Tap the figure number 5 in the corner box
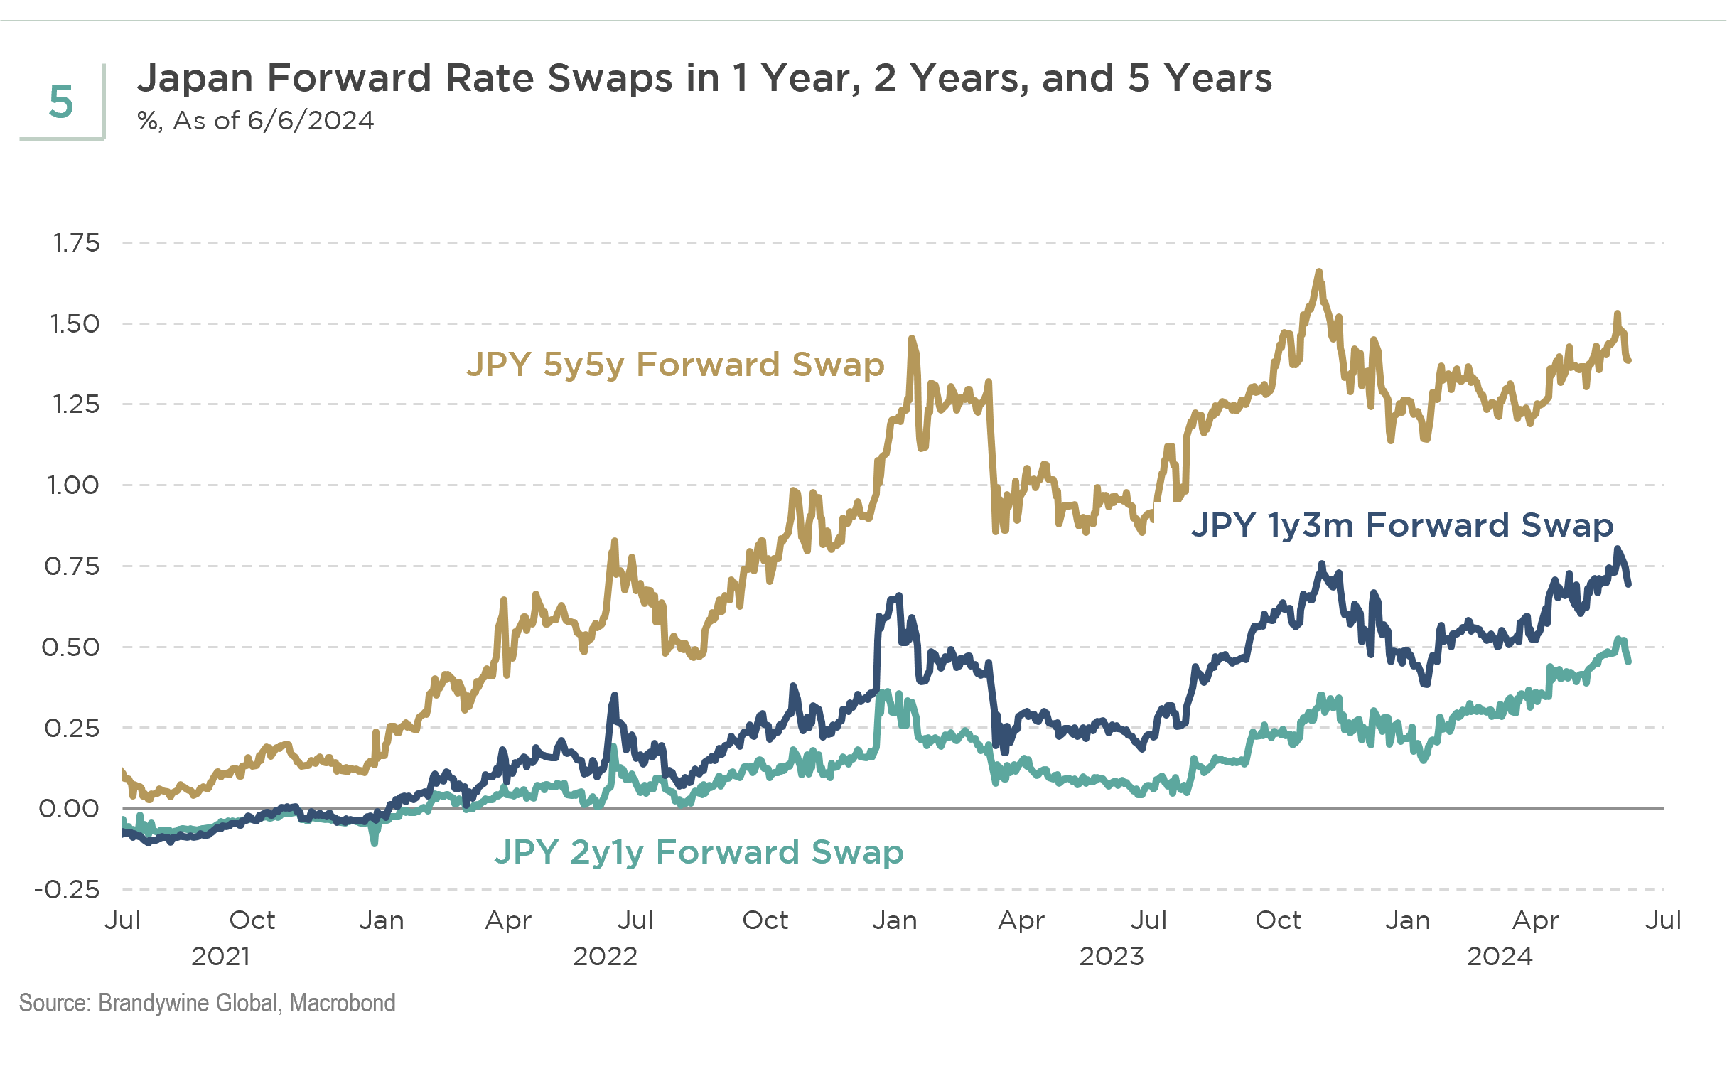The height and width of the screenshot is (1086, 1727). [61, 102]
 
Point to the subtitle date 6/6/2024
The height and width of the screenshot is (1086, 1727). [310, 121]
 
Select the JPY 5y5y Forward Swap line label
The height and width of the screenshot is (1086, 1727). [675, 365]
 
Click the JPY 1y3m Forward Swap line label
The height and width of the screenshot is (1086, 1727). [1402, 525]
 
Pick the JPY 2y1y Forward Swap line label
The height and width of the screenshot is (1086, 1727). [699, 852]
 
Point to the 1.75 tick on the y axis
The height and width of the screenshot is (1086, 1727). [76, 243]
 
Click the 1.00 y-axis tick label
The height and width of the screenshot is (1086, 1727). [73, 485]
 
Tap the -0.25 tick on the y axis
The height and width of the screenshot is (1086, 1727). [68, 890]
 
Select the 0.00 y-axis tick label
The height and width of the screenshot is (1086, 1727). [70, 809]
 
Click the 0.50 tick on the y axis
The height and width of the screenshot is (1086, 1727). [71, 647]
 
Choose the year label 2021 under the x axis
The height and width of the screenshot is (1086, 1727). [220, 956]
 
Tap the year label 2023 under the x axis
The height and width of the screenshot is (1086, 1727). [1112, 956]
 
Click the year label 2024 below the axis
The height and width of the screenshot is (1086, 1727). [1500, 956]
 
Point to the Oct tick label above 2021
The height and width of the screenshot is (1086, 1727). [252, 920]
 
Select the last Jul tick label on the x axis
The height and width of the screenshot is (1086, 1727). [1663, 920]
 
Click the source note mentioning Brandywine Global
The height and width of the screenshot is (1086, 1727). [208, 1003]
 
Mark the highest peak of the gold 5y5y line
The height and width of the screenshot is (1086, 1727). [1318, 272]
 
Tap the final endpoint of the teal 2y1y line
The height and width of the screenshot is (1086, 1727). [1629, 662]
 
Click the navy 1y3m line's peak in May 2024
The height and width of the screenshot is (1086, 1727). [1618, 549]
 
